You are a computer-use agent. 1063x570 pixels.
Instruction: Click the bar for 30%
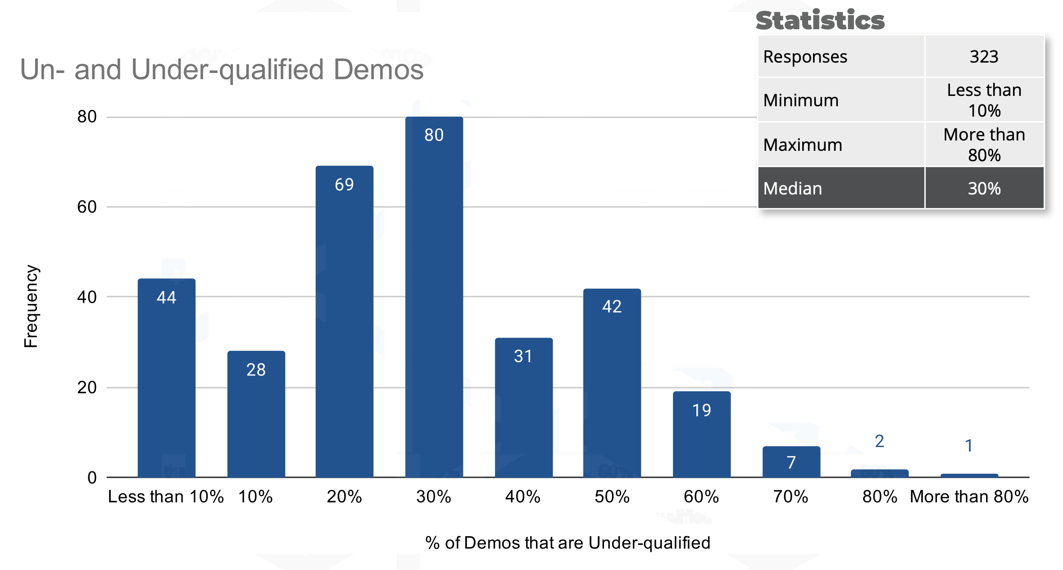(434, 297)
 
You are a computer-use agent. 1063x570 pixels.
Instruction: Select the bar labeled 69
(344, 322)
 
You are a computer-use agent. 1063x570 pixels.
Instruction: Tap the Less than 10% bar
(166, 378)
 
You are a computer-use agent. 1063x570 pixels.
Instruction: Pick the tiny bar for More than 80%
(969, 475)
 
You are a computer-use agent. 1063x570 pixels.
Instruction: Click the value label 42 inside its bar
(612, 307)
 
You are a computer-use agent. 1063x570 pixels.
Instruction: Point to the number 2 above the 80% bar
(879, 441)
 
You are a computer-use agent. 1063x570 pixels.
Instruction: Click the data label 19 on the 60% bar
(701, 410)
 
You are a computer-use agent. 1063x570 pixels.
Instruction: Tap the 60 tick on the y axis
(87, 207)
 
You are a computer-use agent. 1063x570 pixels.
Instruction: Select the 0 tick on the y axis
(92, 478)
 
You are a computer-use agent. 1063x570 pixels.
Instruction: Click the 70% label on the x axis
(790, 497)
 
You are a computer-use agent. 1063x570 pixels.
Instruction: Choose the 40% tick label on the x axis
(522, 497)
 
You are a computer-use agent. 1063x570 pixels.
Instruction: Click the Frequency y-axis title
(31, 306)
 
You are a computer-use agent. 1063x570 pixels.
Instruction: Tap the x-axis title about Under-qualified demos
(568, 543)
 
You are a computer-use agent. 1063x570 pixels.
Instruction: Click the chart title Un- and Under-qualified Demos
(222, 70)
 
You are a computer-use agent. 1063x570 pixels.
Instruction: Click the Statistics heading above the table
(820, 21)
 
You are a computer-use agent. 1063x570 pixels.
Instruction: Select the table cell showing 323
(984, 57)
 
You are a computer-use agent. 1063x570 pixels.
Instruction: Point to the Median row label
(793, 188)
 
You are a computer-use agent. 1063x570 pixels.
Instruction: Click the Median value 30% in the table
(984, 188)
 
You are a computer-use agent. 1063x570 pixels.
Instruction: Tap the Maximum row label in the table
(803, 145)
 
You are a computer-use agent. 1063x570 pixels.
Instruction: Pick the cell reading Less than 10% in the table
(984, 100)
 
